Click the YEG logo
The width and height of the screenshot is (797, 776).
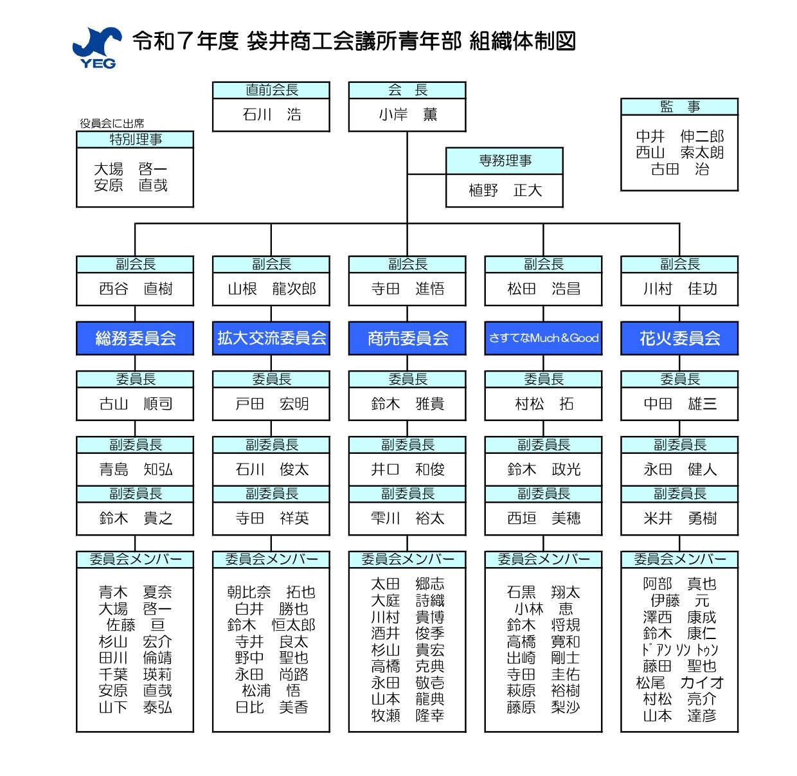(96, 48)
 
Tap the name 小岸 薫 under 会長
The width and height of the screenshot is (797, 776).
(407, 114)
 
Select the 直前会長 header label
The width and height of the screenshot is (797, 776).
(271, 90)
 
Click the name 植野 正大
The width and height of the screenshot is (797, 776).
(505, 190)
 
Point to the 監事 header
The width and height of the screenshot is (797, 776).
(679, 107)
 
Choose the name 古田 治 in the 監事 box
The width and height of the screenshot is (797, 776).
(679, 169)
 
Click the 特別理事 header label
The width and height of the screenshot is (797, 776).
(135, 140)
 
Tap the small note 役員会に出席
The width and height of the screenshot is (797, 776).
(112, 123)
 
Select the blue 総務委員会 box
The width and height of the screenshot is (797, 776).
(135, 338)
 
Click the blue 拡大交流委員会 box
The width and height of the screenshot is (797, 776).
(271, 338)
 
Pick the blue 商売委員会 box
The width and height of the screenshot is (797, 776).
(407, 338)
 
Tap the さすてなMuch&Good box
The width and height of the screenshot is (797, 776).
(543, 338)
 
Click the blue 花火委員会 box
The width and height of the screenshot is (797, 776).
(679, 338)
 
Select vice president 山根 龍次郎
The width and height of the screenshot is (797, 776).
(271, 289)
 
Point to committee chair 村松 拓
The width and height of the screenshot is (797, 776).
(544, 404)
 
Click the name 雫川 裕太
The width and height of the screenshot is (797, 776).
(407, 518)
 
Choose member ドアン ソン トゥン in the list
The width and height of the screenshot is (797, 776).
(679, 650)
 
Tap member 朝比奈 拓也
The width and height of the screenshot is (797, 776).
(271, 592)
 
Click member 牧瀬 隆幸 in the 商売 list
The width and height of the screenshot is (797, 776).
(407, 716)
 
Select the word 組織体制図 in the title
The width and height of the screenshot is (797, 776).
(523, 41)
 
